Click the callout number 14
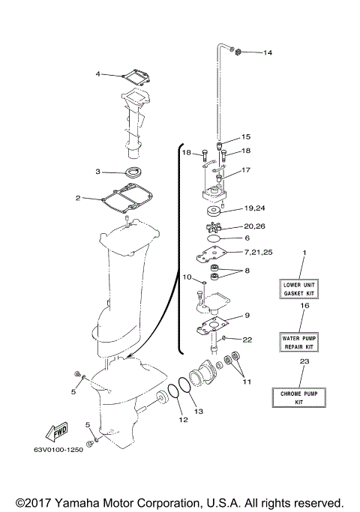(x=268, y=52)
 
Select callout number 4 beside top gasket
(x=97, y=73)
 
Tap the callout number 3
(x=97, y=172)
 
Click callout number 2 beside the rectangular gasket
(x=77, y=198)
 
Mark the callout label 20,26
(x=254, y=226)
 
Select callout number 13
(x=199, y=412)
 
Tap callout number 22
(x=247, y=339)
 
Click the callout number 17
(x=246, y=170)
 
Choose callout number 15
(x=246, y=137)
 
